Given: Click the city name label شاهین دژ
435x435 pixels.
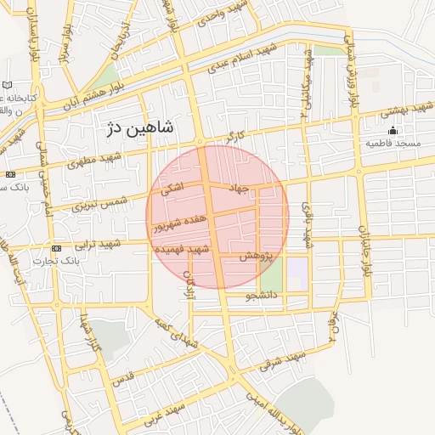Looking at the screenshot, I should pos(141,128).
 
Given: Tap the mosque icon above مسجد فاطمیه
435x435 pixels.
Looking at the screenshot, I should pos(393,130).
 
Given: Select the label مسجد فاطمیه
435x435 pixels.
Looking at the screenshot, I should pos(393,144).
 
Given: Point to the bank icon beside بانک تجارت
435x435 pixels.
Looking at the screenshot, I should pos(56,248).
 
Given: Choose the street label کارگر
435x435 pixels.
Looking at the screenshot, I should pos(234,136).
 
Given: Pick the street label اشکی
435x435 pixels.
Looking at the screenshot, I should pos(172,193).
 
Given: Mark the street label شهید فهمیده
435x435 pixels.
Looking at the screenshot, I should pos(182,249).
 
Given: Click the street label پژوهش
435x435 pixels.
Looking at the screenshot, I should pos(254,256).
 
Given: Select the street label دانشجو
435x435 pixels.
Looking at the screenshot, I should pos(262,297).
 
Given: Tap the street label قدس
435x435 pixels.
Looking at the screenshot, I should pos(124,375).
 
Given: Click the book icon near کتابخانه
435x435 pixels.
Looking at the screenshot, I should pos(8,86).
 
